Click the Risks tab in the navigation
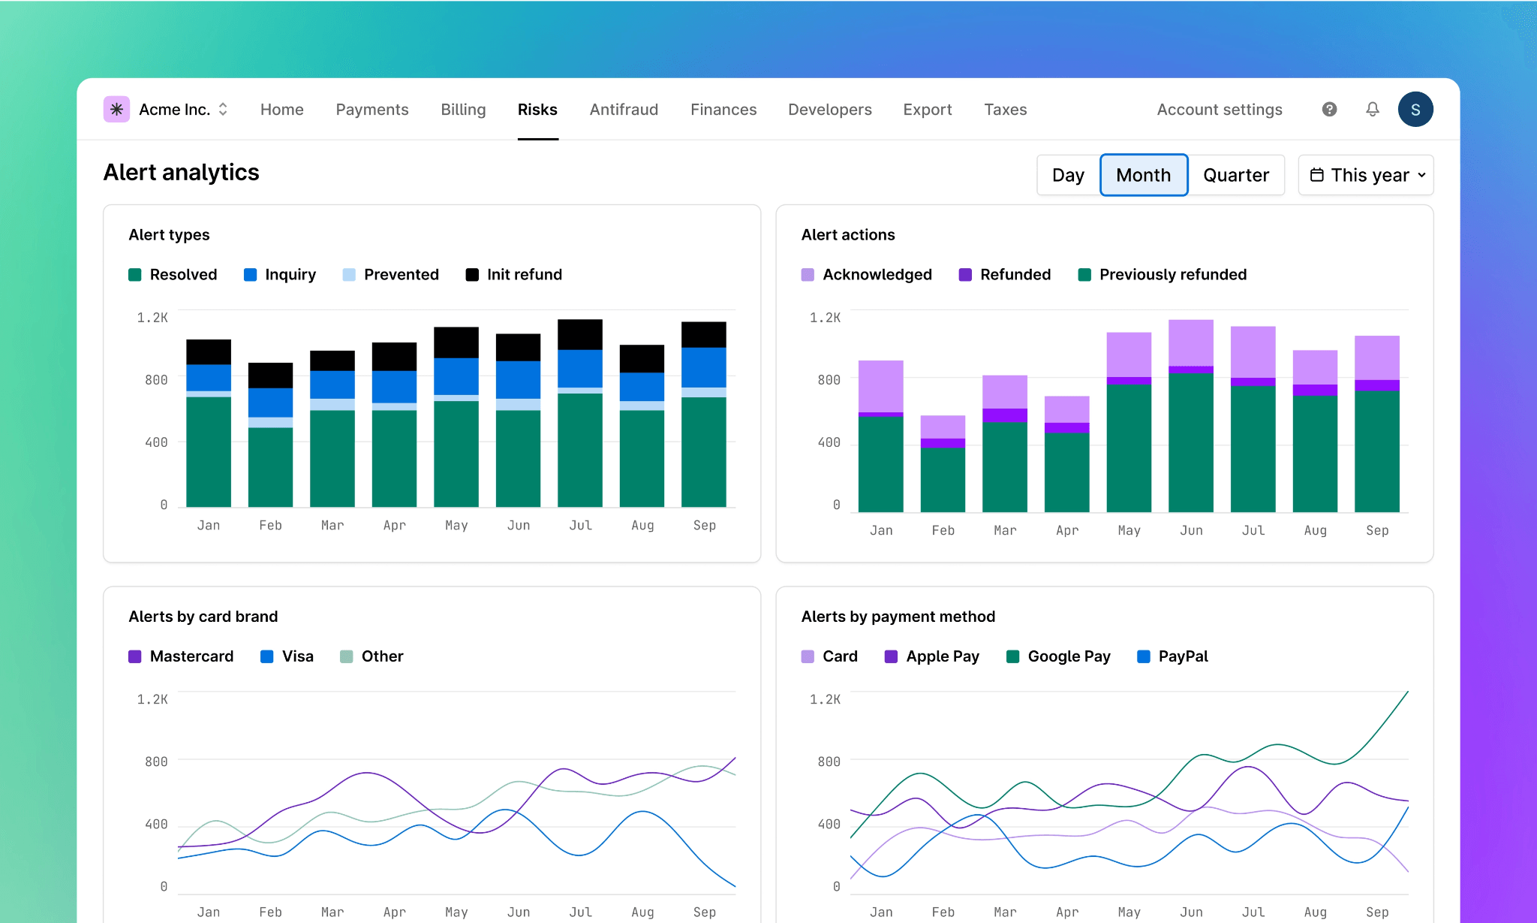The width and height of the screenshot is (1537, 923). tap(537, 110)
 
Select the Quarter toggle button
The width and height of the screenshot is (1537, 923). tap(1235, 175)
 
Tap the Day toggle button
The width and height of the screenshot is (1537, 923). tap(1068, 175)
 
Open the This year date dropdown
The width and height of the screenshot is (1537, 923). tap(1366, 175)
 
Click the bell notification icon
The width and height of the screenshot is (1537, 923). tap(1372, 110)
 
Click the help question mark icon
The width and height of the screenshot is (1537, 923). tap(1329, 110)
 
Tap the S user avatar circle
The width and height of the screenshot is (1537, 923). tap(1415, 110)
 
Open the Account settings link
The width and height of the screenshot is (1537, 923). tap(1219, 110)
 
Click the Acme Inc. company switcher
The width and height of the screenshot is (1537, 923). tap(167, 110)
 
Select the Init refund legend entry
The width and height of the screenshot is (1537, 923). tap(514, 275)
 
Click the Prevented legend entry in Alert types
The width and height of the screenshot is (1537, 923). tap(391, 275)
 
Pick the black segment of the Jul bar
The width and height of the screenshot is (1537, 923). tap(579, 334)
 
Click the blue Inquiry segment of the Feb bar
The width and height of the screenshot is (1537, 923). tap(270, 403)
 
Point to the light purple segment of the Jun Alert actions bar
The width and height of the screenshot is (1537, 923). tap(1190, 342)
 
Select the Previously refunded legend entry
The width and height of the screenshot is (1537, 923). tap(1163, 275)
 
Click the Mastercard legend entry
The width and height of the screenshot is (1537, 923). tap(182, 656)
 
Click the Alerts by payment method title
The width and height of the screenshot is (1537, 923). tap(898, 617)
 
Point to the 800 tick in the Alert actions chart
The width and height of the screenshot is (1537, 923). tap(829, 380)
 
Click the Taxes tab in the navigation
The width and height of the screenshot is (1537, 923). tap(1005, 110)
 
